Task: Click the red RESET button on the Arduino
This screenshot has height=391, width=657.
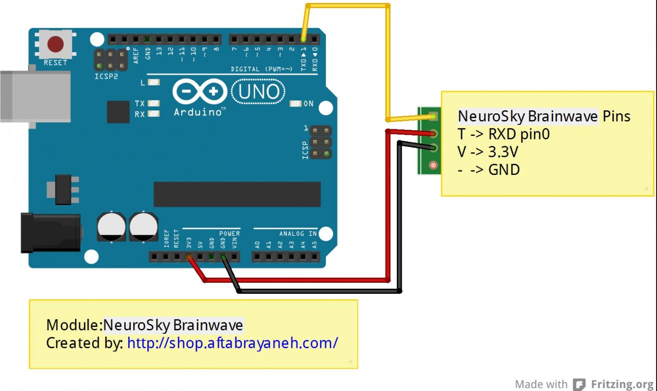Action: click(56, 45)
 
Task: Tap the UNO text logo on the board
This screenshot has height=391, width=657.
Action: click(259, 92)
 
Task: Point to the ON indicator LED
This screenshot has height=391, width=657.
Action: click(296, 104)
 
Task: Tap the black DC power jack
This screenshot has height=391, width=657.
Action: click(50, 232)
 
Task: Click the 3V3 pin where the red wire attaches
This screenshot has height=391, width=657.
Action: click(189, 257)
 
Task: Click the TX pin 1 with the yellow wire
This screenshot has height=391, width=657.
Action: click(303, 39)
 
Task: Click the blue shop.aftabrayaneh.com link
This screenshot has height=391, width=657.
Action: click(232, 343)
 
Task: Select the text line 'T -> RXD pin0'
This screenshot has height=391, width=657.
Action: click(504, 134)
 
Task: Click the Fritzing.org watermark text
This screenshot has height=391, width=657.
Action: click(621, 384)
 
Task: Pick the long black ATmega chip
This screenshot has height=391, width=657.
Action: click(237, 194)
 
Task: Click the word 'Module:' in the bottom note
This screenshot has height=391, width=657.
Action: click(74, 325)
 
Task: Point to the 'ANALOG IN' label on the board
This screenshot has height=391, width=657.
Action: click(297, 234)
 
